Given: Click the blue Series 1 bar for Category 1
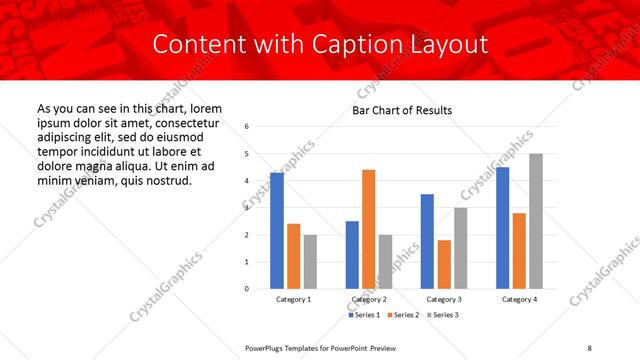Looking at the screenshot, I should [x=277, y=230].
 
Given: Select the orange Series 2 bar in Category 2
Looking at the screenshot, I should [x=368, y=229].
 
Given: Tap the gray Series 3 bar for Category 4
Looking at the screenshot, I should [x=536, y=221].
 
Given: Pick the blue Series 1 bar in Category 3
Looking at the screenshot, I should [x=427, y=241].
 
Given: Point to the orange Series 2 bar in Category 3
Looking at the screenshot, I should [x=444, y=264].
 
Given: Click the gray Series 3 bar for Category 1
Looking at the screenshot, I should [x=310, y=261].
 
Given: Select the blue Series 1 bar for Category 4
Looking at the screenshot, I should [x=502, y=227].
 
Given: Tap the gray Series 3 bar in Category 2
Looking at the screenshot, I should [x=385, y=261].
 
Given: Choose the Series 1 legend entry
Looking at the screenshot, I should [x=364, y=316].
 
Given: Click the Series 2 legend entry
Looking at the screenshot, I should [x=404, y=316].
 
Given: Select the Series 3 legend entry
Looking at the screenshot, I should [x=443, y=316].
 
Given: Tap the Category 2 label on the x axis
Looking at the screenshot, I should [x=369, y=300].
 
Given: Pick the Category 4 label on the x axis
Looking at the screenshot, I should [x=519, y=300].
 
